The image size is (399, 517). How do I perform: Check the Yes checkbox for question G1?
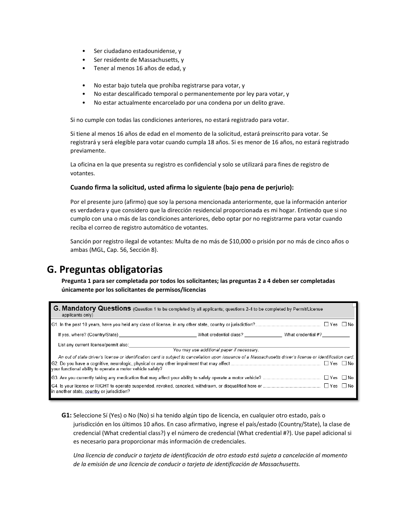tap(326, 324)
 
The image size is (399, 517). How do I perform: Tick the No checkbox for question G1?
tap(344, 324)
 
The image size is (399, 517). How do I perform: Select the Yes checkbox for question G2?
tap(326, 363)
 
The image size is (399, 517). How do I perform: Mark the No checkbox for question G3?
tap(344, 377)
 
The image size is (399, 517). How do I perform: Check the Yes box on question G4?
tap(326, 385)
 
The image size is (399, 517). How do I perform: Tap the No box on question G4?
tap(344, 385)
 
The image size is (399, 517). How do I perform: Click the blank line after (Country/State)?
tap(157, 335)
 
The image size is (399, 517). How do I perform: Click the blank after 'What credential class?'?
tap(263, 335)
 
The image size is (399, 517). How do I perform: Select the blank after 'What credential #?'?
tap(336, 335)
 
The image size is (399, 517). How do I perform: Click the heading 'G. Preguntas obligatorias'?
tap(105, 269)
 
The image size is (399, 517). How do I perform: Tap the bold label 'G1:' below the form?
tap(66, 415)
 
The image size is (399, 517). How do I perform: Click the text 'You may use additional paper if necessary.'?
tap(216, 350)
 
